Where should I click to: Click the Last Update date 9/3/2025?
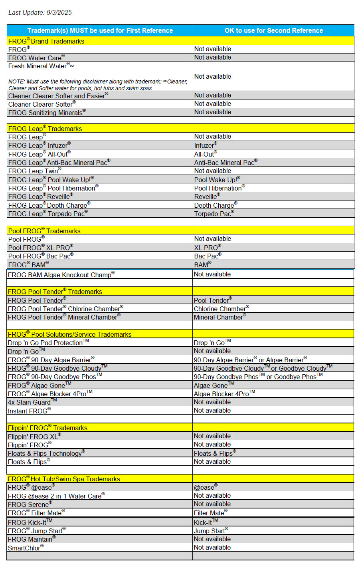coord(59,12)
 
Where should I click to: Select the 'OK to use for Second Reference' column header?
coord(273,30)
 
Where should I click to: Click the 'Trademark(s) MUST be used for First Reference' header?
coord(100,30)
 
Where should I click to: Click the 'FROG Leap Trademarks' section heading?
coord(45,129)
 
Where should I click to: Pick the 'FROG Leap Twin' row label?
coord(34,171)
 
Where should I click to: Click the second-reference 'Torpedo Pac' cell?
coord(214,214)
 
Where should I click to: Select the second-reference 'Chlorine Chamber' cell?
coord(221,309)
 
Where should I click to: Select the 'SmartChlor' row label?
coord(25,548)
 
